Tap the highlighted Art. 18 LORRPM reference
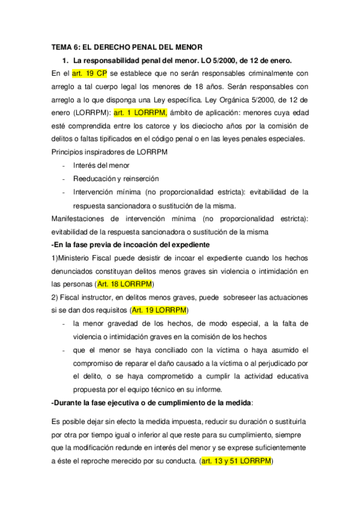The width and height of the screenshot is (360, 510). (125, 283)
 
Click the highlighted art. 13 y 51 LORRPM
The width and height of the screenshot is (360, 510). (237, 461)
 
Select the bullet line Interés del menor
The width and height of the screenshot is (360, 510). (101, 165)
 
